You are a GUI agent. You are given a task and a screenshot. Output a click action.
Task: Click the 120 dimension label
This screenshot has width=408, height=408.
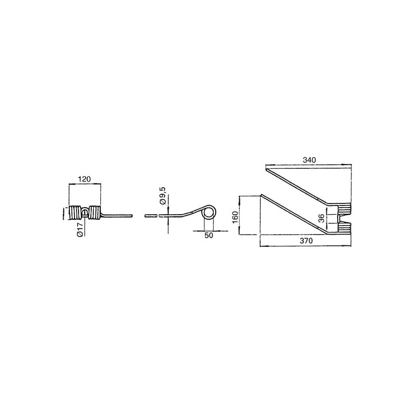point(85,179)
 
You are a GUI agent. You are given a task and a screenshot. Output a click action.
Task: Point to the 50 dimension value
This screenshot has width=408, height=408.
point(209,235)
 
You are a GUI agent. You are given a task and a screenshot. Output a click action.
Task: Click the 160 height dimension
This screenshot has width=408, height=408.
point(235,217)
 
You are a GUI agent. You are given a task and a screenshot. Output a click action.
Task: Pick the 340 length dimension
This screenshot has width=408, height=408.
point(310,160)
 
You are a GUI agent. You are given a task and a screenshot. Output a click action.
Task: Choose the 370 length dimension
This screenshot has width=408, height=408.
point(307,241)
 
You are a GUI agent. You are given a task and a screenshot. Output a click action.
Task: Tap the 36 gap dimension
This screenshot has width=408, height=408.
point(322,218)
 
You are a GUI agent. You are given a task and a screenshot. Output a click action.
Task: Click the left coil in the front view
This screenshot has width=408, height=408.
point(75,213)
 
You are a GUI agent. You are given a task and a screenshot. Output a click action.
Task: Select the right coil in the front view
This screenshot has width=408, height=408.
point(94,213)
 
